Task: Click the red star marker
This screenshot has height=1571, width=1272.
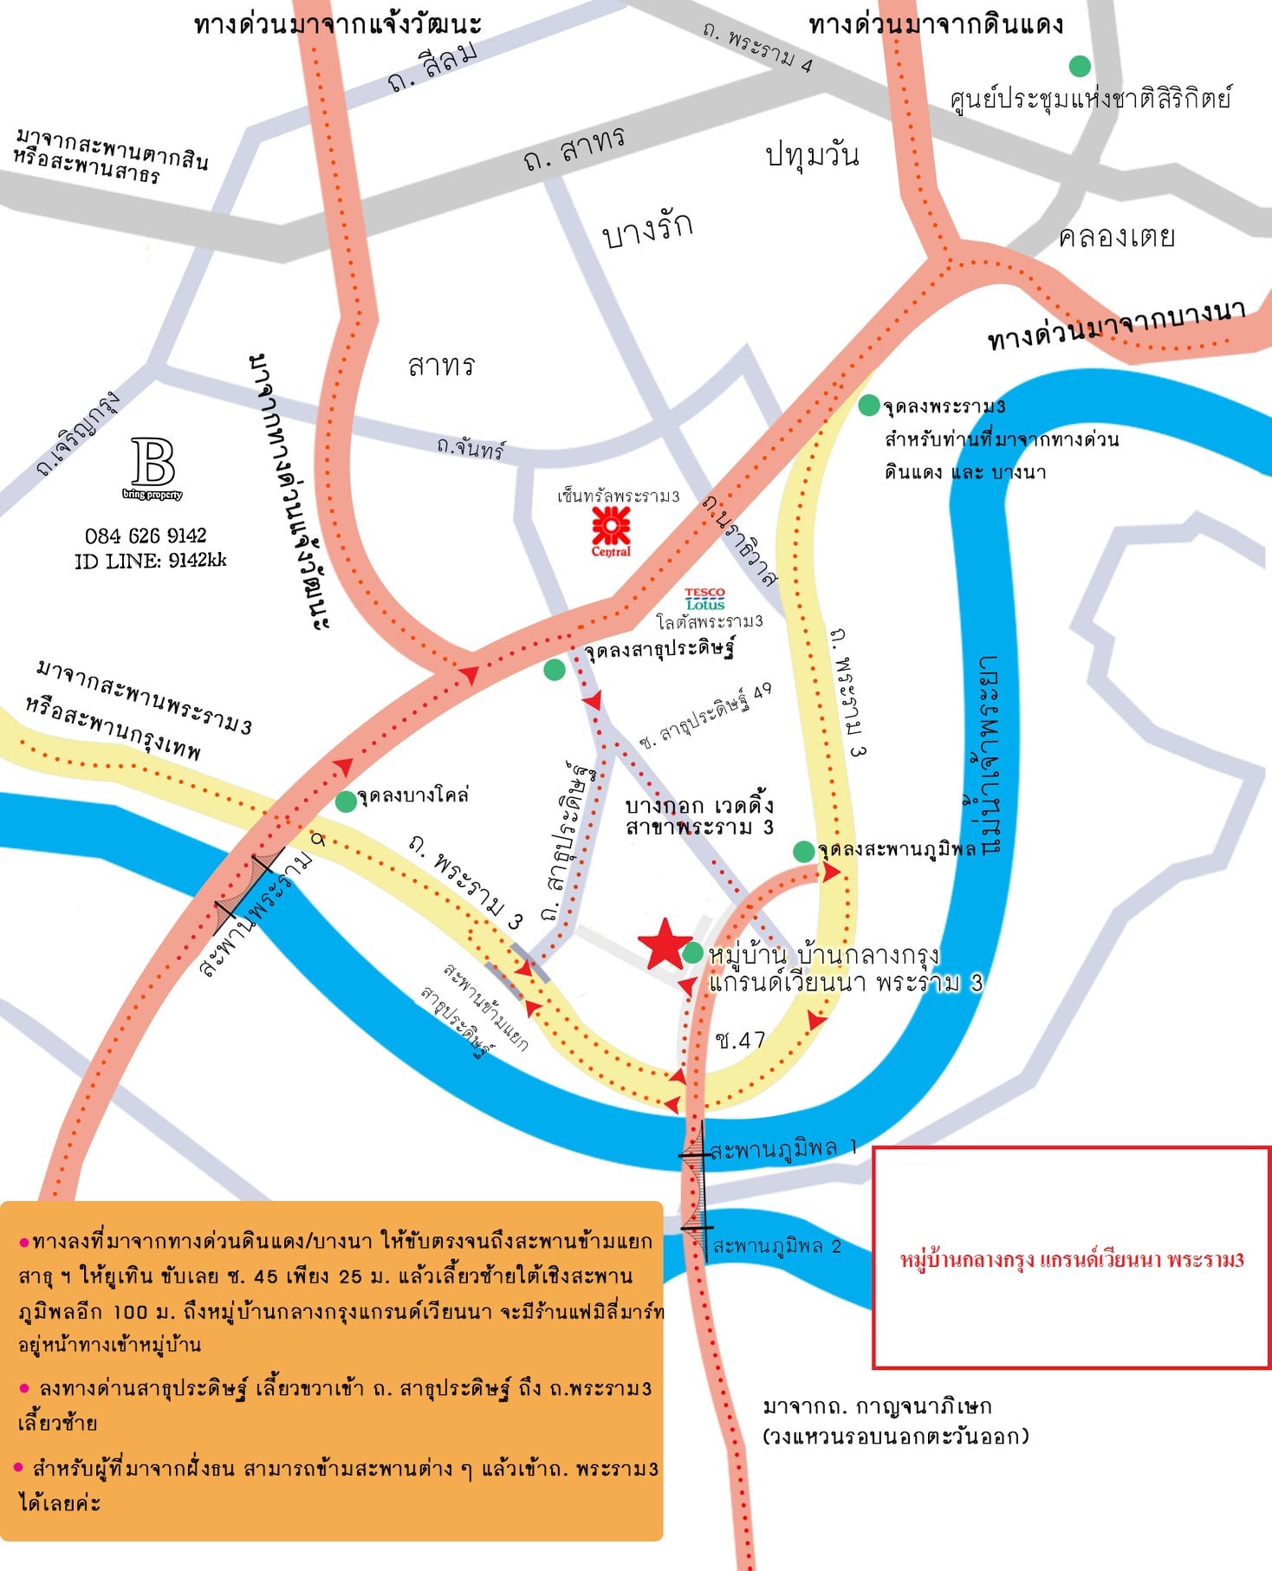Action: pyautogui.click(x=665, y=944)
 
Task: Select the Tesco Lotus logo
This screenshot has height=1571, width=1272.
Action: pyautogui.click(x=704, y=599)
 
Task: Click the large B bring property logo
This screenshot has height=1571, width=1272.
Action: pyautogui.click(x=153, y=465)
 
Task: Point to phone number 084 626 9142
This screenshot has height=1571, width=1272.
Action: pyautogui.click(x=146, y=536)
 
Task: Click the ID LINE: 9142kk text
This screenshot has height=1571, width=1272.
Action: pyautogui.click(x=150, y=561)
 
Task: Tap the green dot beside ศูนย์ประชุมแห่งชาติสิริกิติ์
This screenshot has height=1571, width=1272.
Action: pyautogui.click(x=1080, y=66)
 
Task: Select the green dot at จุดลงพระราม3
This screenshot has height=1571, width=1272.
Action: pyautogui.click(x=869, y=405)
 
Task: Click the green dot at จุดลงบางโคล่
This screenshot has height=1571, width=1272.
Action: pyautogui.click(x=346, y=802)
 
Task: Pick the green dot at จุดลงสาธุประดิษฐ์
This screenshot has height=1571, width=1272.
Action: pyautogui.click(x=555, y=669)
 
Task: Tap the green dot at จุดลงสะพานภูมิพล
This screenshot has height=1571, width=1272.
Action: pyautogui.click(x=804, y=851)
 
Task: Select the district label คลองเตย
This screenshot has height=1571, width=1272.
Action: pyautogui.click(x=1116, y=236)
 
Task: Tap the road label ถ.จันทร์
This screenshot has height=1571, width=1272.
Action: pyautogui.click(x=471, y=448)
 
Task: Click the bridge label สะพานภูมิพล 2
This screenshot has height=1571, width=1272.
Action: pyautogui.click(x=776, y=1246)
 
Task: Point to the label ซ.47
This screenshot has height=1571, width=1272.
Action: pyautogui.click(x=741, y=1039)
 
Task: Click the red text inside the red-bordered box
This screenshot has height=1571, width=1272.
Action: pyautogui.click(x=1072, y=1259)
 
